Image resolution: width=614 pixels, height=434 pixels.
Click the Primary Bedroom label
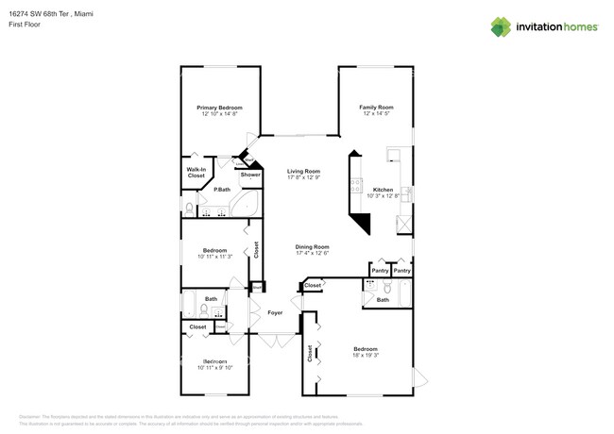(x=219, y=108)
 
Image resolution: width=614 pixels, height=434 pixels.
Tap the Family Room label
(x=376, y=108)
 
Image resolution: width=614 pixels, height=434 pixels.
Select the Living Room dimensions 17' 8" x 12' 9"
(x=304, y=177)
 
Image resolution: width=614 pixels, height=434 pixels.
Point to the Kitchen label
(x=383, y=190)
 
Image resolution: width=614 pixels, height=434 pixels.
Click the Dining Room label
(x=311, y=246)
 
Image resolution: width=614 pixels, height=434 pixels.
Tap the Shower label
(x=250, y=175)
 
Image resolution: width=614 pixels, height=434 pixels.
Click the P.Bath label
(x=222, y=190)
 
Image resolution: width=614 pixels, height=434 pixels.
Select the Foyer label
(x=275, y=312)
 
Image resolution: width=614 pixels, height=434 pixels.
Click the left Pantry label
(x=380, y=271)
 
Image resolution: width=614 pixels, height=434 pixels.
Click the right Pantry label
(x=402, y=271)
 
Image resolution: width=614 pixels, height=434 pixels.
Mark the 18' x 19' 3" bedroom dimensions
(x=365, y=355)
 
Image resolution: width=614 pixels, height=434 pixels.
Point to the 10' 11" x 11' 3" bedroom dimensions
(x=213, y=256)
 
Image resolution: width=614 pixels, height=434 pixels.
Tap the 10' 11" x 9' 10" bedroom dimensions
(x=213, y=368)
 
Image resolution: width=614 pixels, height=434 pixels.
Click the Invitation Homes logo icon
(x=502, y=27)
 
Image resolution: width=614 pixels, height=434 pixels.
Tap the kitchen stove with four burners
(x=357, y=187)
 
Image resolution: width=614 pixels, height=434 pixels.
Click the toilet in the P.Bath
(x=188, y=207)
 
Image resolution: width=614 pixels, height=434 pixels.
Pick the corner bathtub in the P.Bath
(x=248, y=207)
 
